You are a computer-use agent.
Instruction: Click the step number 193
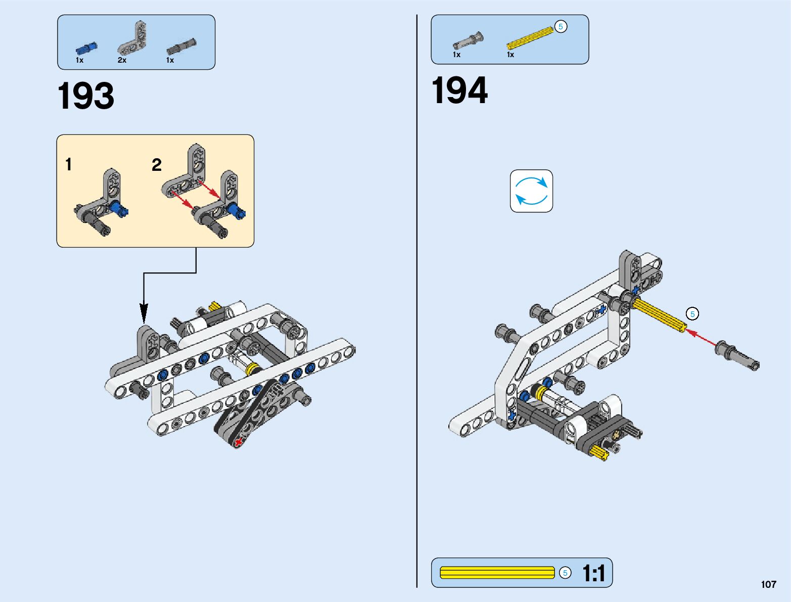point(86,96)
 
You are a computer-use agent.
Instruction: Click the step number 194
point(459,91)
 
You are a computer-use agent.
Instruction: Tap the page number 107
point(768,584)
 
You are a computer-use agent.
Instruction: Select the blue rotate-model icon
point(531,191)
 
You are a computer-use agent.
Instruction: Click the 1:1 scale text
point(593,573)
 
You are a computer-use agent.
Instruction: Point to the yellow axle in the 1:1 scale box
point(497,573)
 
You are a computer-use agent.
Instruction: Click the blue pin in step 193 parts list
point(86,49)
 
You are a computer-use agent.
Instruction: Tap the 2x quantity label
point(122,60)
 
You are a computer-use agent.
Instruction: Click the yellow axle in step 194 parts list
point(529,38)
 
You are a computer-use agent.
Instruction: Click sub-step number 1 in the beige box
point(69,164)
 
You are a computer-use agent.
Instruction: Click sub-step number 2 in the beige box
point(157,165)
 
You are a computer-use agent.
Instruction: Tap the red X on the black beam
point(238,443)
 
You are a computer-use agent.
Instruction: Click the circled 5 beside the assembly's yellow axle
point(692,314)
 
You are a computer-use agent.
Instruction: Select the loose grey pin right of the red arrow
point(737,355)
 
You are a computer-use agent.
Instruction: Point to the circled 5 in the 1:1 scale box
point(565,573)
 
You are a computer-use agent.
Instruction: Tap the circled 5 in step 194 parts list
point(561,27)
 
